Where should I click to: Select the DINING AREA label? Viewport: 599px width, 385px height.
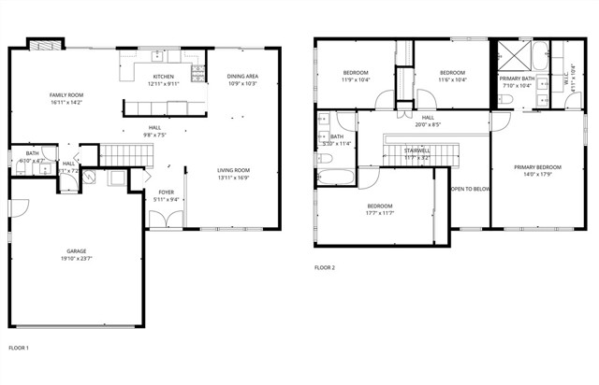[x=242, y=77]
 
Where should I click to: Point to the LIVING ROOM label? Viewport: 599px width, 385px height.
[x=232, y=169]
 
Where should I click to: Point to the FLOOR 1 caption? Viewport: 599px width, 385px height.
[x=19, y=348]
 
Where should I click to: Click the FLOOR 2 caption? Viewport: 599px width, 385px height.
[x=324, y=268]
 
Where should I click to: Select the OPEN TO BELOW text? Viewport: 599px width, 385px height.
[x=471, y=189]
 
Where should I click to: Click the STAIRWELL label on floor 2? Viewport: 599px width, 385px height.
[x=416, y=150]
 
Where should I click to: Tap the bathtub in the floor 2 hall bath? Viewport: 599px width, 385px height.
[x=333, y=177]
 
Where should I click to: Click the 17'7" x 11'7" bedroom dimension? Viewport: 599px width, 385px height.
[x=380, y=213]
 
